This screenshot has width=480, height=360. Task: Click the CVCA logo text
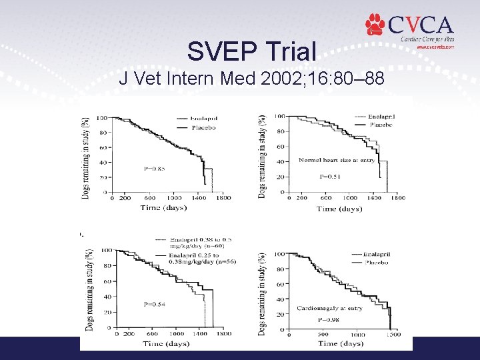click(420, 25)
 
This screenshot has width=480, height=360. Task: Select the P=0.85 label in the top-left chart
click(155, 169)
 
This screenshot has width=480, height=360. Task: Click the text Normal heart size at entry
click(337, 160)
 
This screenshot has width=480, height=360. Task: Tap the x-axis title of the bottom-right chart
click(341, 343)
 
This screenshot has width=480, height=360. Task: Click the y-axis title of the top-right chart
click(261, 155)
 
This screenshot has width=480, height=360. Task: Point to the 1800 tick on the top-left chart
click(223, 198)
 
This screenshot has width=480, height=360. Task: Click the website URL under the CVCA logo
click(435, 47)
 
